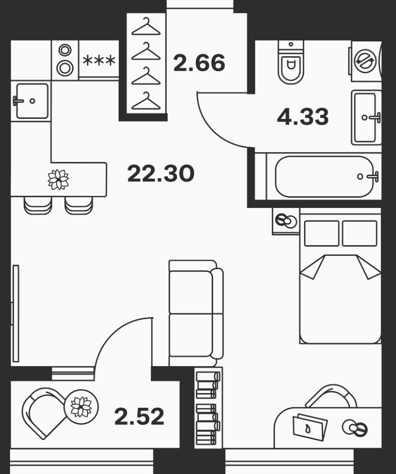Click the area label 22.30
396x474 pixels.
[161, 174]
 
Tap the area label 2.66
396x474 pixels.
[199, 63]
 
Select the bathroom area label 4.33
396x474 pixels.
[303, 117]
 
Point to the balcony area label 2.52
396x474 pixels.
[139, 416]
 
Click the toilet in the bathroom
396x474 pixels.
[291, 62]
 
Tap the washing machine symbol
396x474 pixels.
[365, 61]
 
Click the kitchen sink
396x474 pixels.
[32, 101]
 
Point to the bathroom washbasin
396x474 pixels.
[366, 117]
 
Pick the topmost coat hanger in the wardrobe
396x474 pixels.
[146, 27]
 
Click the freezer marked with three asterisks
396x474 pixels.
[98, 60]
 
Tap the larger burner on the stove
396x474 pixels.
[65, 68]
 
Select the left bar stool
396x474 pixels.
[38, 205]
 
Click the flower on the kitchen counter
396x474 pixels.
[58, 180]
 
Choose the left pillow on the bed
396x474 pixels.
[321, 233]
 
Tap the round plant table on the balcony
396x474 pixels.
[81, 407]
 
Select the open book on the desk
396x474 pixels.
[310, 427]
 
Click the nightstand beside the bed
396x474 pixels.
[286, 221]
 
